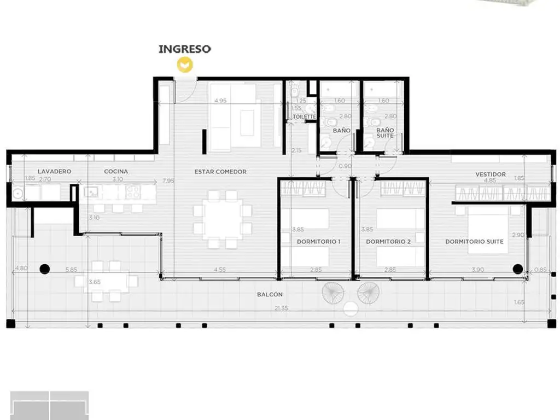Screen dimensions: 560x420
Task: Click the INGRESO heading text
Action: click(x=185, y=49)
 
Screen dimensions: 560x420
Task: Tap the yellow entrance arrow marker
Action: click(x=185, y=65)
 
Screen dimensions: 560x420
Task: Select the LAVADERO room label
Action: click(x=54, y=171)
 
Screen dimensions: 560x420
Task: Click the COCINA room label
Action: click(x=116, y=171)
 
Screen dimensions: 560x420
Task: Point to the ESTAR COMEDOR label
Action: click(x=220, y=172)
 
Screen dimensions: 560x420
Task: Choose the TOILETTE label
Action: click(x=304, y=117)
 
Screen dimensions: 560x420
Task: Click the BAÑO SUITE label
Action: click(x=385, y=133)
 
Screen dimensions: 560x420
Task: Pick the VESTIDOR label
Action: click(x=491, y=174)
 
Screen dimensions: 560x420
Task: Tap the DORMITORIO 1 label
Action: click(x=319, y=242)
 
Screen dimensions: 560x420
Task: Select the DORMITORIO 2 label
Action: click(x=388, y=242)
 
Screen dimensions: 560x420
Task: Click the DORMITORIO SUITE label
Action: click(x=474, y=242)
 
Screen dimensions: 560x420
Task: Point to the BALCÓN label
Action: click(x=270, y=295)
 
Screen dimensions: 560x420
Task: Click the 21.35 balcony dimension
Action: click(x=281, y=308)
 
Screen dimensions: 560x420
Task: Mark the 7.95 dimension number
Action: click(x=168, y=180)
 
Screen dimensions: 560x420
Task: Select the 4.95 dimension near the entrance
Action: click(x=220, y=101)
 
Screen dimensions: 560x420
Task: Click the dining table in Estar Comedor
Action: click(x=223, y=219)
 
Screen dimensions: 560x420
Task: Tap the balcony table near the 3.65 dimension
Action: click(x=106, y=282)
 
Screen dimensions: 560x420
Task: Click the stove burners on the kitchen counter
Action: click(x=133, y=192)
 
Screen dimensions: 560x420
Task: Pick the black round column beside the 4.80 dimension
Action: click(x=45, y=269)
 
